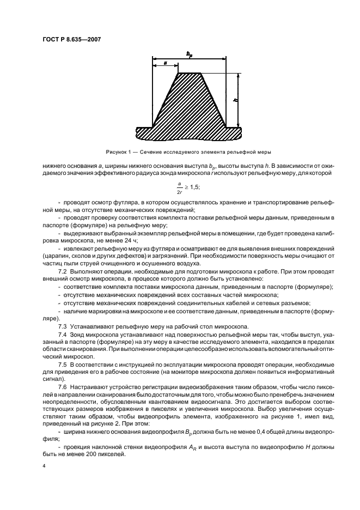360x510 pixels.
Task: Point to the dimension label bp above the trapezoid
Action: click(x=188, y=54)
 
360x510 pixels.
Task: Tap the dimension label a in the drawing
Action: click(x=165, y=64)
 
